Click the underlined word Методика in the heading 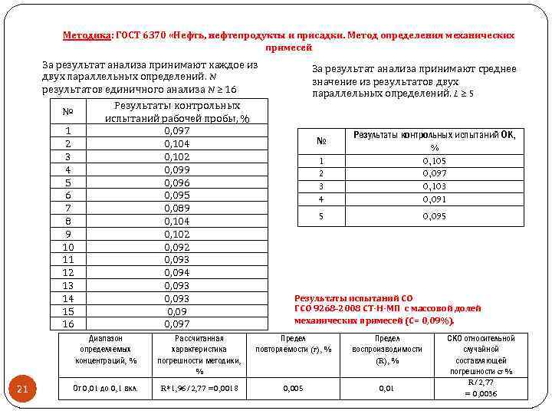[87, 35]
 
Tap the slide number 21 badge [22, 389]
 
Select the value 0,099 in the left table [176, 169]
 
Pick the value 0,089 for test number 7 [176, 208]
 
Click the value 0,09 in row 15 [176, 312]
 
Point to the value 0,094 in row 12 [176, 273]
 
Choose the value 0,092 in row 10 [176, 247]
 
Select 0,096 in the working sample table [176, 182]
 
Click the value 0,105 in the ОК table [434, 161]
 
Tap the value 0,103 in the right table [434, 186]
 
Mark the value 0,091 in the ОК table [434, 199]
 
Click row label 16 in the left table [67, 324]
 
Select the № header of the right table [321, 141]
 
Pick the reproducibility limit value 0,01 [386, 389]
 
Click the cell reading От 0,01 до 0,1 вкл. [105, 389]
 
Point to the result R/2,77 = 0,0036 [481, 388]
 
